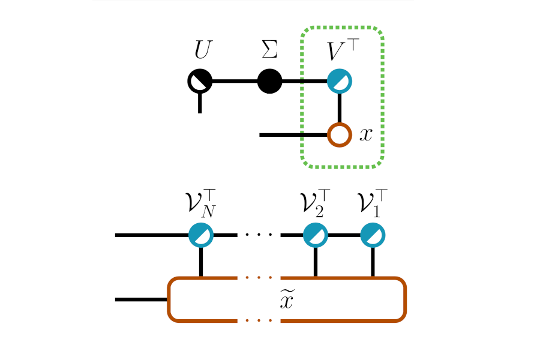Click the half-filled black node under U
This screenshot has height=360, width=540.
pos(200,82)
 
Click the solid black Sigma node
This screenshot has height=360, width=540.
pos(270,82)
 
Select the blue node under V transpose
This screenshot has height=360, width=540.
pos(340,82)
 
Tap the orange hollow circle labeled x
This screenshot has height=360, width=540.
pos(340,135)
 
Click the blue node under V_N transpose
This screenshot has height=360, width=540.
pos(200,235)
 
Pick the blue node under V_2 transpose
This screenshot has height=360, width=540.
pos(316,235)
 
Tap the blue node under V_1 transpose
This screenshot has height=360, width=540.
pos(373,235)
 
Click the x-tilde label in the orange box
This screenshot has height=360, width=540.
pos(288,300)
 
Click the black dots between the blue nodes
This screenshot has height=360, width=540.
pos(259,235)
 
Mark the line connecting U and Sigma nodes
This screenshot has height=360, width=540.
pos(235,82)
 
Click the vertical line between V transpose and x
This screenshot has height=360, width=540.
pos(340,109)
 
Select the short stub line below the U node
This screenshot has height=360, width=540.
pos(200,104)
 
